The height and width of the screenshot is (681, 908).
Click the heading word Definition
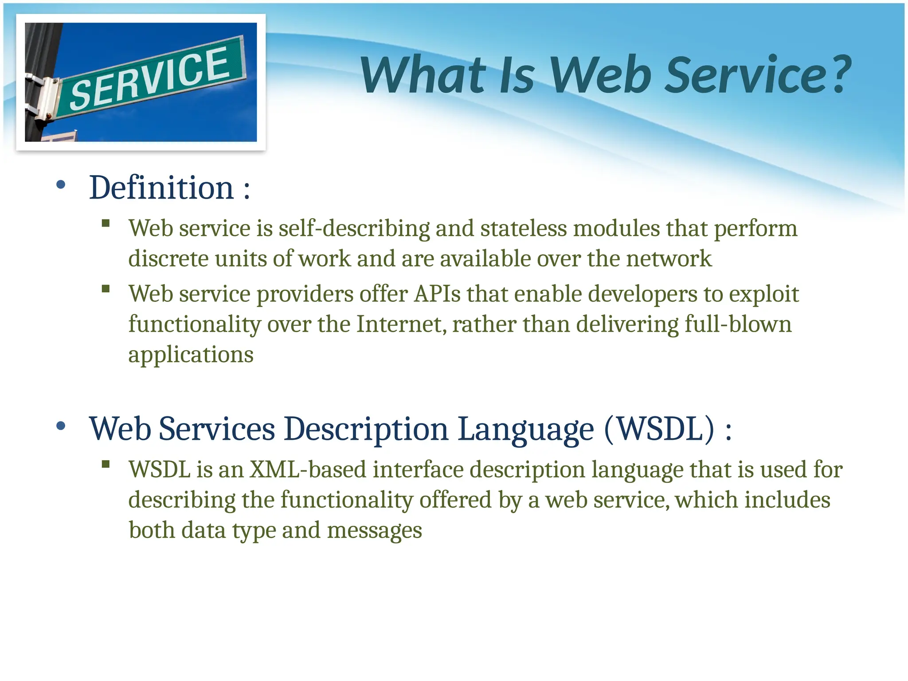pyautogui.click(x=161, y=188)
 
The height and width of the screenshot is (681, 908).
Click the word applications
pyautogui.click(x=191, y=355)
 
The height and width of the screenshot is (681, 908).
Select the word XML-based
pyautogui.click(x=308, y=470)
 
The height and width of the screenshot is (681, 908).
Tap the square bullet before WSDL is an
pyautogui.click(x=106, y=464)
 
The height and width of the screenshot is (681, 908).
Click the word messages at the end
pyautogui.click(x=374, y=530)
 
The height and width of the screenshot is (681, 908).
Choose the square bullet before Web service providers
pyautogui.click(x=106, y=289)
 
